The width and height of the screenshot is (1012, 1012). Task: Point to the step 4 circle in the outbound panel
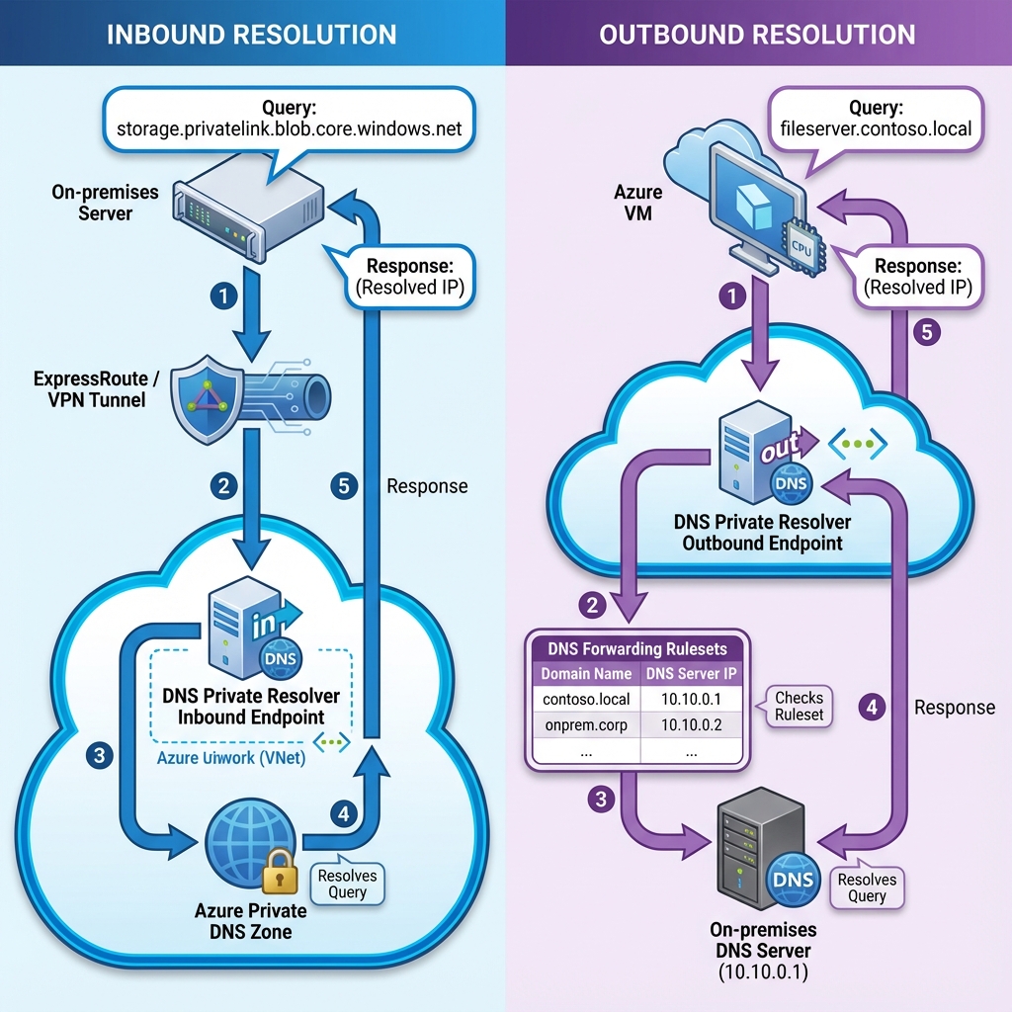871,707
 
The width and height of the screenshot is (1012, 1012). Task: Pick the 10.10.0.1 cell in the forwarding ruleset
690,699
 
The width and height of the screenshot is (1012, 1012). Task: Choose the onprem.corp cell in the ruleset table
586,724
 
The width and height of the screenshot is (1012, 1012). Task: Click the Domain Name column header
586,674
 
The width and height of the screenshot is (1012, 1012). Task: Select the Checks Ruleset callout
799,706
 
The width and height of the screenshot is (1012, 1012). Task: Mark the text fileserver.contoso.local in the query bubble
876,127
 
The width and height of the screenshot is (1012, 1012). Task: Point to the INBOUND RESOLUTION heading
251,35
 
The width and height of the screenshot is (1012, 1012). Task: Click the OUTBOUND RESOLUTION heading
757,35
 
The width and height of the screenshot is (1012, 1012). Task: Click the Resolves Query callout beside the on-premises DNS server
867,887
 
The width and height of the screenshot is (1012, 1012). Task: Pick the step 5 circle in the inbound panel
342,485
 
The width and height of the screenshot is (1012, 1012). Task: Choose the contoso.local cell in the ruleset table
586,699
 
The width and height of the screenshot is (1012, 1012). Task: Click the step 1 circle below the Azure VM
731,295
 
